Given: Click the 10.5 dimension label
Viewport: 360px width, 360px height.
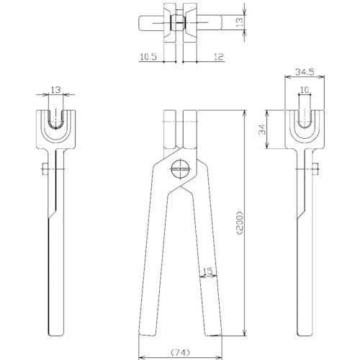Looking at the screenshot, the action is [148, 57].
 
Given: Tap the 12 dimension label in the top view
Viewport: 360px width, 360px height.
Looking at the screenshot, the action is [218, 57].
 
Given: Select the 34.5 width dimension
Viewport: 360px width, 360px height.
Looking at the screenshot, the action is [305, 72].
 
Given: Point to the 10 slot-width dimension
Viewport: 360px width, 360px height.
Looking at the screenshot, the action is [305, 90].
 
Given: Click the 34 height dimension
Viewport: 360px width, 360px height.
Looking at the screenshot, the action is [264, 129].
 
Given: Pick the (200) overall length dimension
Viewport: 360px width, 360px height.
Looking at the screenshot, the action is [240, 223].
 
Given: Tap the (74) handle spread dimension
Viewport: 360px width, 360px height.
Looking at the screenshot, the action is [180, 352].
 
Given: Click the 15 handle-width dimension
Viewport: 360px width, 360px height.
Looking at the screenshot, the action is [208, 271].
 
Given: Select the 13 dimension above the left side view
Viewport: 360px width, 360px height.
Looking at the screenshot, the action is [55, 90].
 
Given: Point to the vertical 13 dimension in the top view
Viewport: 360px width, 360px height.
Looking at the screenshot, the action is [240, 22].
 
